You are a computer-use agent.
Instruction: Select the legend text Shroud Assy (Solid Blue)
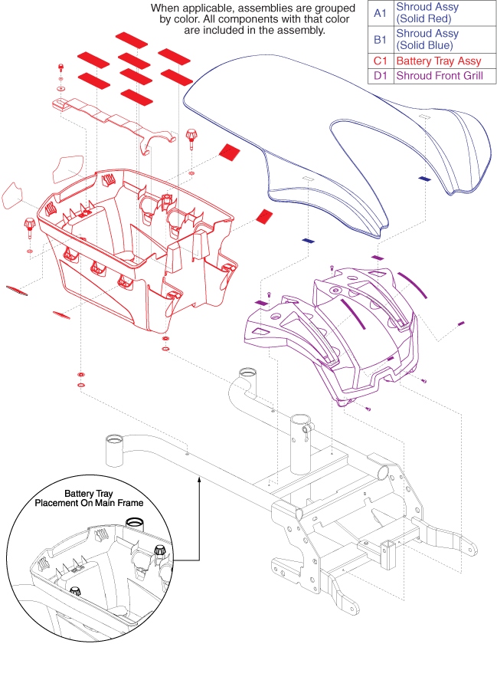[427, 39]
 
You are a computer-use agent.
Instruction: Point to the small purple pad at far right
[461, 323]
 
